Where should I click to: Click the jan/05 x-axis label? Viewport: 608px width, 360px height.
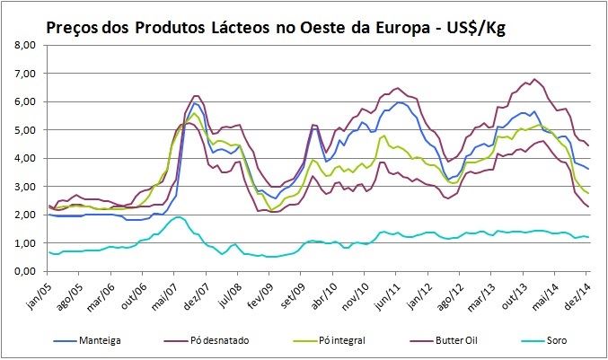(x=37, y=291)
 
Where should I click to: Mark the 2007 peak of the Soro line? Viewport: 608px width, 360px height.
(x=179, y=217)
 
